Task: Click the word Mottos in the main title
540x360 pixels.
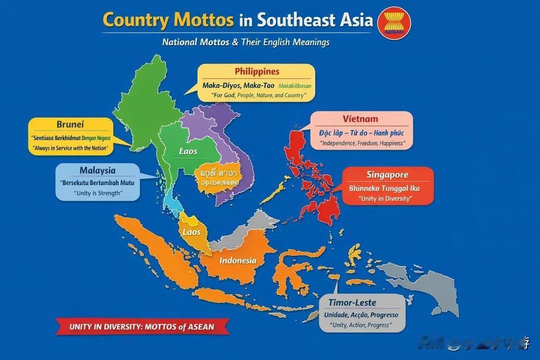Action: pos(203,20)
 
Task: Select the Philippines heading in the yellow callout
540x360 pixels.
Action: pos(257,71)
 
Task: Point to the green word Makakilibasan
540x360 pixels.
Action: pos(294,85)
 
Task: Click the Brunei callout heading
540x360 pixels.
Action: pos(70,124)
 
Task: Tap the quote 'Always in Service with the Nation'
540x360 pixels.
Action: pos(70,148)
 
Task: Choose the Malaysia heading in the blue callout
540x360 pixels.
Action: pos(97,170)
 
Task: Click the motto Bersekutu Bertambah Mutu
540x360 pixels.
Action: pos(97,182)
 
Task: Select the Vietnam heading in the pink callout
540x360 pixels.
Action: pos(360,119)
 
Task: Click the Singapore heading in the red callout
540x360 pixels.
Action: pos(387,174)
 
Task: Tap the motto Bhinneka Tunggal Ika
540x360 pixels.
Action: pos(384,188)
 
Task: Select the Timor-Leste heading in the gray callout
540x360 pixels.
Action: pos(352,302)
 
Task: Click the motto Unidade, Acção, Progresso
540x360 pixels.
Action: pos(361,315)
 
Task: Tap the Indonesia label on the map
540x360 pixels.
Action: pos(237,260)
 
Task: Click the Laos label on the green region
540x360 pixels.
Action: pos(188,151)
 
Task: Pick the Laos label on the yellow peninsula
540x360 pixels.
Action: pos(191,232)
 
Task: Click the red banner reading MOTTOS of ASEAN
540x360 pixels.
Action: pos(141,327)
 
